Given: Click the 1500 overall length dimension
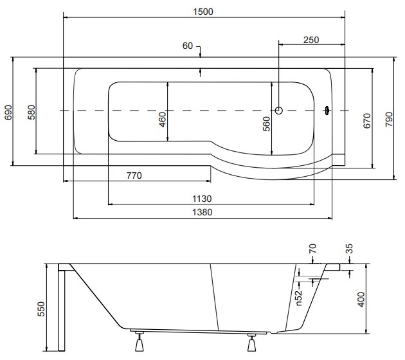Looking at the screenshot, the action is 203,12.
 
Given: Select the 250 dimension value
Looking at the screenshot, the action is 311,40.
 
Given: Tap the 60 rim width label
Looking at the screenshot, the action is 188,46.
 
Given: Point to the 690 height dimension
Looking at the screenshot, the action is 8,112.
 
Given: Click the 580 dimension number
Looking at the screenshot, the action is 32,112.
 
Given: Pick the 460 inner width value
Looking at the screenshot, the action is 162,120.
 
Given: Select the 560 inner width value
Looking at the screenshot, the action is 266,124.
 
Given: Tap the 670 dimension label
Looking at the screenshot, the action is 367,121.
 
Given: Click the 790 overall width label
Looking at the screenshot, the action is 389,120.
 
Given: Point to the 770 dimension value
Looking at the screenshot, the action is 134,175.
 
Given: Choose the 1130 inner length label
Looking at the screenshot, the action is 202,199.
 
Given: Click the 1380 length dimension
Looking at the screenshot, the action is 203,212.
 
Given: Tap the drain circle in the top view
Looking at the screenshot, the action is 279,111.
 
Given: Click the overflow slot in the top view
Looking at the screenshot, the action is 327,111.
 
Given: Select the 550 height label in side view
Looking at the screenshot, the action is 41,309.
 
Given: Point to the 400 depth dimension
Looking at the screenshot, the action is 361,300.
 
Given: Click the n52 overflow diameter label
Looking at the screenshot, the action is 298,298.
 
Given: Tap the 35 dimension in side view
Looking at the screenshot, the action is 349,249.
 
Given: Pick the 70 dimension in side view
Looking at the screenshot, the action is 312,248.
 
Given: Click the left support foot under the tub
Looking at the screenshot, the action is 139,342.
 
